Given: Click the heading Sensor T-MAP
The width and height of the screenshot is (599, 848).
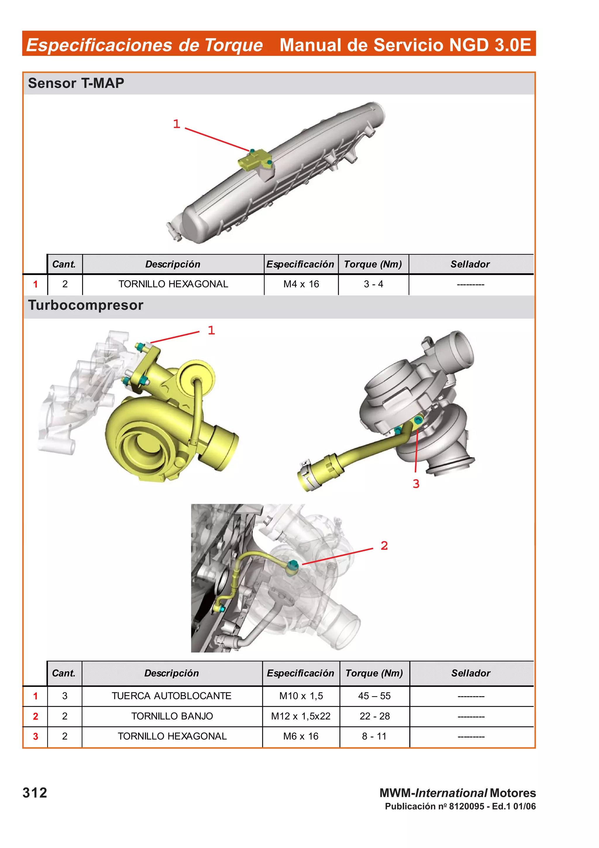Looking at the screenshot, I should tap(76, 83).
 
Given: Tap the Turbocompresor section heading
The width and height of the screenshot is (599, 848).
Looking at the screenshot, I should tap(86, 305).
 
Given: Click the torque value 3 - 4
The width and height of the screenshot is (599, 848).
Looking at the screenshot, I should tap(373, 284).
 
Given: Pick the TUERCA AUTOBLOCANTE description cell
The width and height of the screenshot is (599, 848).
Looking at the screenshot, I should tap(172, 696).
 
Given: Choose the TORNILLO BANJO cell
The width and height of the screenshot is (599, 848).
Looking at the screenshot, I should tap(172, 716).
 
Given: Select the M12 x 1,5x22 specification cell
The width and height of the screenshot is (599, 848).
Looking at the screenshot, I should tap(300, 716).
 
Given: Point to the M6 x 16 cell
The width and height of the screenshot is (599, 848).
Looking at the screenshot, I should tap(300, 736).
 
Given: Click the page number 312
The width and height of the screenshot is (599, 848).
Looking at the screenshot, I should tap(35, 793).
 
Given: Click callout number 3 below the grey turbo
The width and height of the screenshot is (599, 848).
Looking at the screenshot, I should tap(416, 484).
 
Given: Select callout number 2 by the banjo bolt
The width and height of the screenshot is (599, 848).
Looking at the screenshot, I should tap(384, 545).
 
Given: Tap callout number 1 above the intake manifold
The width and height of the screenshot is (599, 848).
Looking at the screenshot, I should tap(176, 124).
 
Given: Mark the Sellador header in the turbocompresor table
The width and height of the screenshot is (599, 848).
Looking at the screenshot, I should tap(471, 673).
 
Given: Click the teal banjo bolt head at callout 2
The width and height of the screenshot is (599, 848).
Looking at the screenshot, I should tap(293, 564).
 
